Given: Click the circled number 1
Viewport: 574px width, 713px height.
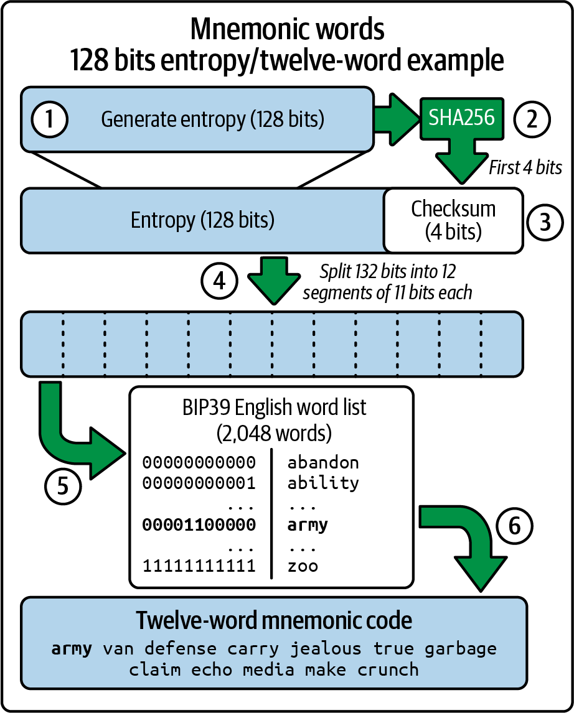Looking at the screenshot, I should click(49, 119).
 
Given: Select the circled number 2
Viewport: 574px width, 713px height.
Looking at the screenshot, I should click(532, 119).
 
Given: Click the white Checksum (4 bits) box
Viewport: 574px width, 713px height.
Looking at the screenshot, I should click(453, 220).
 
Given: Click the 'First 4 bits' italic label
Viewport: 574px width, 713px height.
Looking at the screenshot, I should click(525, 167).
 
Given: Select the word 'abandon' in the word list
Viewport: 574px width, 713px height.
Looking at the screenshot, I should click(322, 462).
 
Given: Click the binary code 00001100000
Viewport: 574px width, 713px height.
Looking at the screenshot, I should click(199, 524).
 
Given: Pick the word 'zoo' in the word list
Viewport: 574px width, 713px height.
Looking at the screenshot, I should click(303, 566).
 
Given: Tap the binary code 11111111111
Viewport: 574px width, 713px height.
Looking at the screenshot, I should click(199, 566).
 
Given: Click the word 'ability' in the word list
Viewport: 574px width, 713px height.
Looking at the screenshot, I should click(322, 483).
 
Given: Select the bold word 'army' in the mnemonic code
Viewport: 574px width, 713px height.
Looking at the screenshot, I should click(72, 648).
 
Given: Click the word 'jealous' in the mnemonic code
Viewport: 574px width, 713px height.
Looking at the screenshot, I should click(326, 648).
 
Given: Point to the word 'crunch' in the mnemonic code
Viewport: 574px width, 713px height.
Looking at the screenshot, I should click(388, 669).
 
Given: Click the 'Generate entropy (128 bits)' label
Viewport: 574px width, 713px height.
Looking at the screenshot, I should click(212, 119).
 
